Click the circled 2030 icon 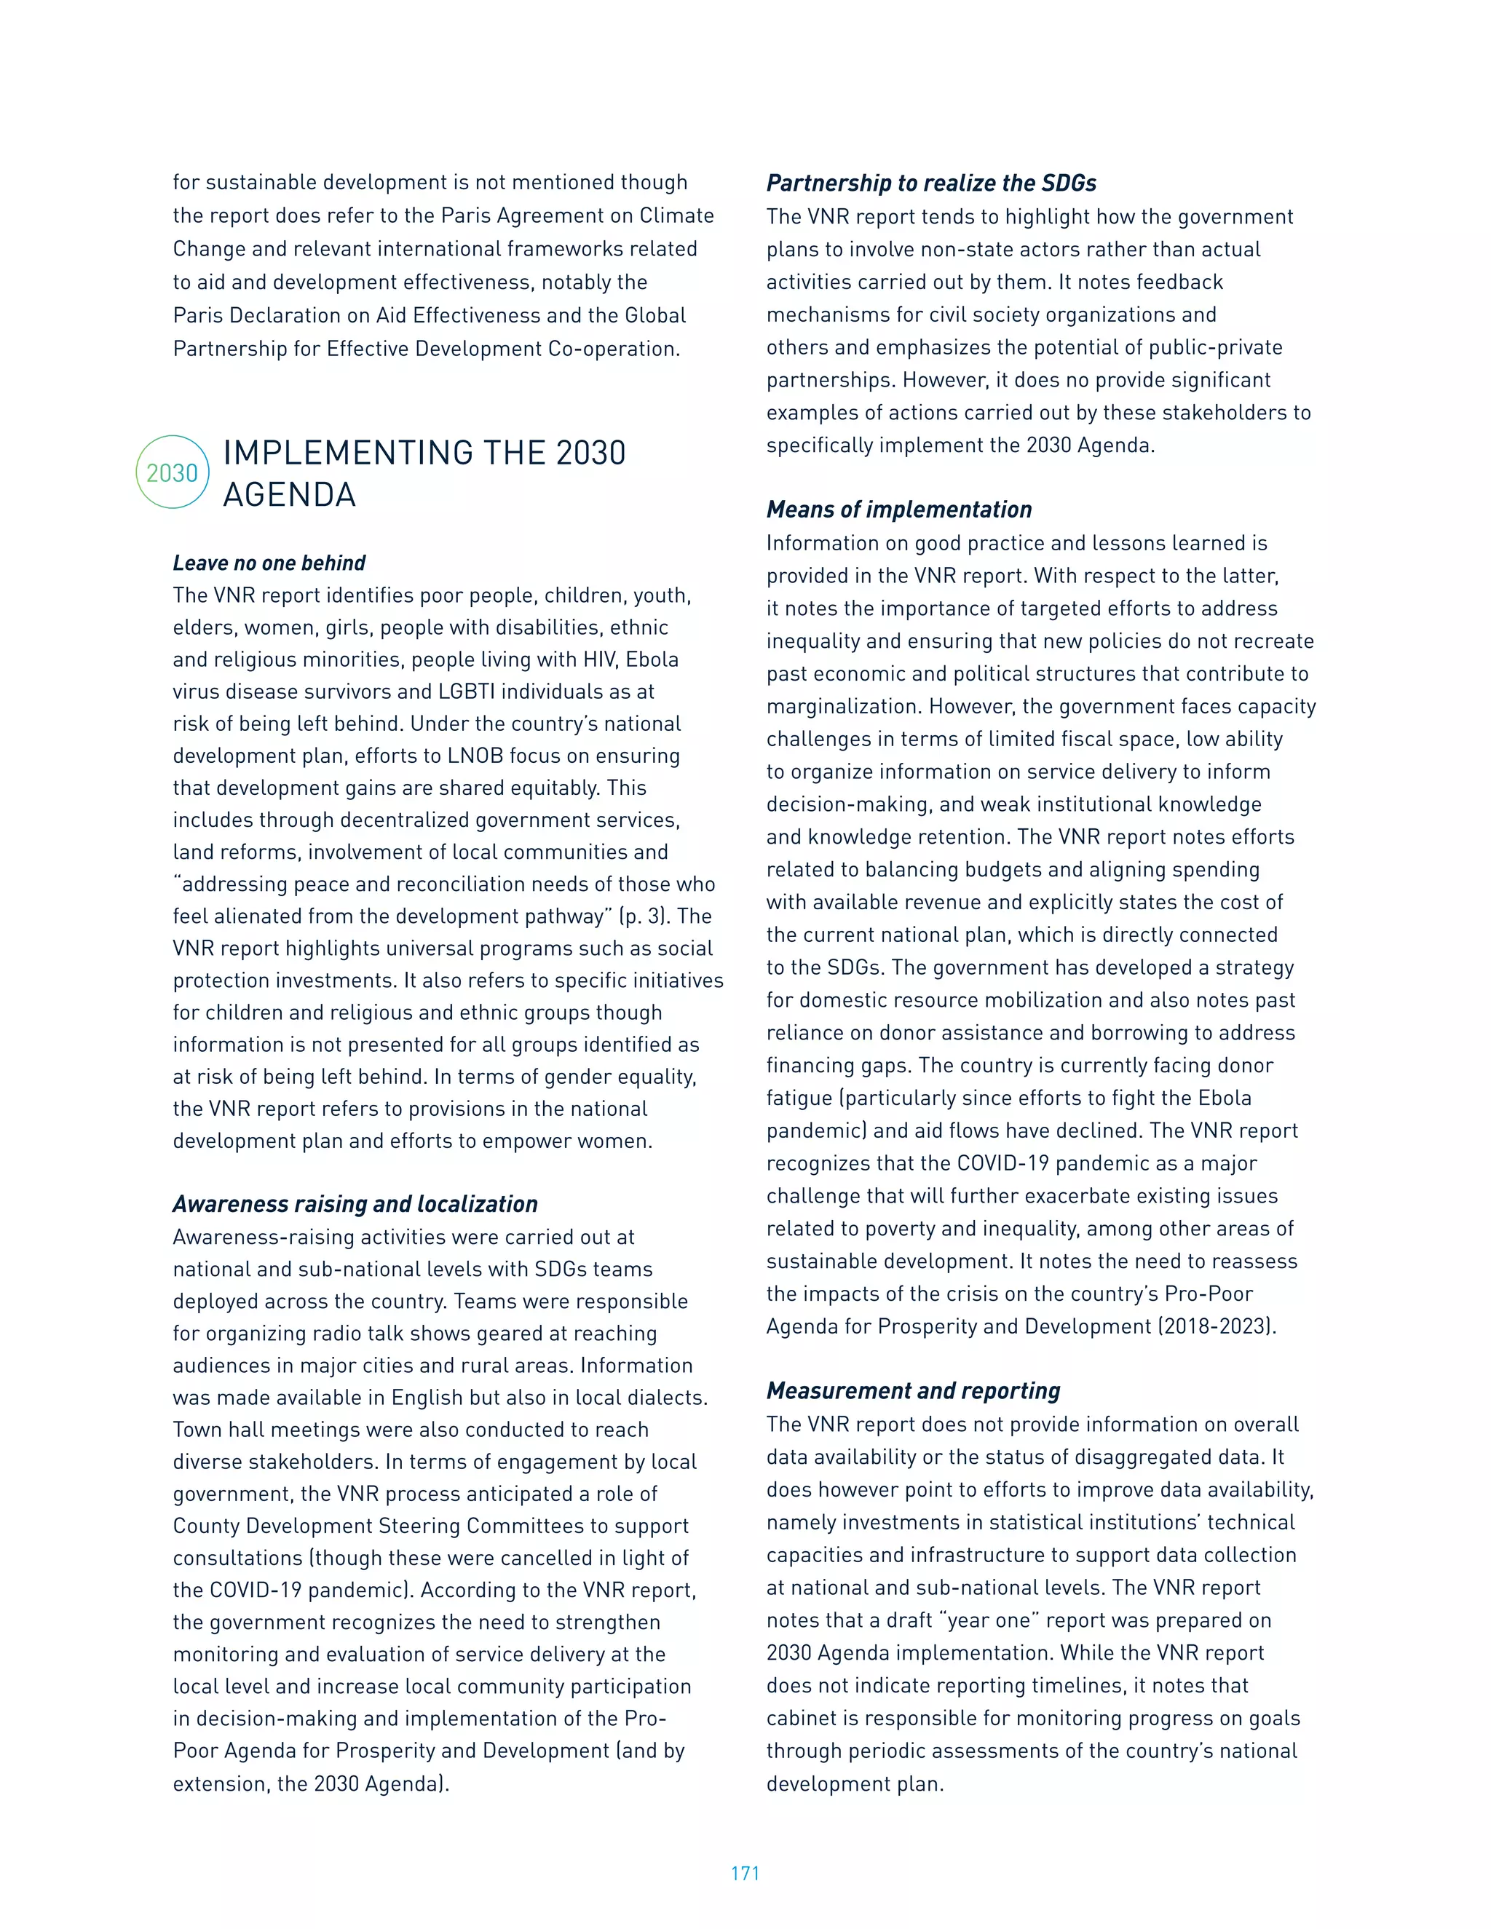[173, 472]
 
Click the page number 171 [745, 1872]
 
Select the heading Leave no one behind [269, 563]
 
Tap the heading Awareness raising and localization [355, 1204]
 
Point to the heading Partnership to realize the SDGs [931, 183]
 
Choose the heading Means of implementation [898, 510]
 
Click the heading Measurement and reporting [912, 1391]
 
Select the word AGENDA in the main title [289, 494]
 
